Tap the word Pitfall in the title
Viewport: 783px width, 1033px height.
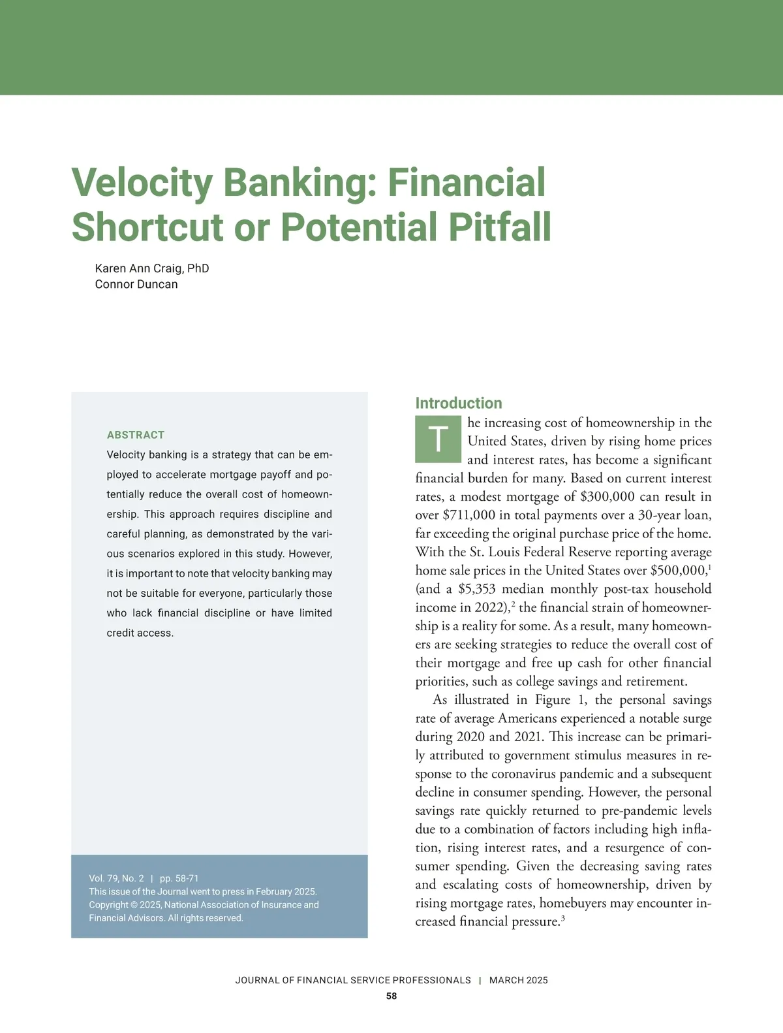click(x=499, y=227)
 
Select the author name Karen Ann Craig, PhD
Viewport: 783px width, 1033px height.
click(x=152, y=268)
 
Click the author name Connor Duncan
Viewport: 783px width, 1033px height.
click(x=136, y=284)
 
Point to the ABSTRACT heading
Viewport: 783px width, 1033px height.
click(x=136, y=435)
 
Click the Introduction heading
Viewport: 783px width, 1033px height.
click(x=459, y=403)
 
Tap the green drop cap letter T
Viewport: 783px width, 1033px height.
click(x=438, y=438)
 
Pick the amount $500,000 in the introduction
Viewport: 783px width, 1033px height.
click(x=678, y=570)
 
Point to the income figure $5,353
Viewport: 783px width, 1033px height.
click(x=477, y=588)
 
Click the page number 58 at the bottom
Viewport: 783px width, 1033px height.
click(x=391, y=996)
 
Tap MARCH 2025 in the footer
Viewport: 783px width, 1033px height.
click(x=519, y=980)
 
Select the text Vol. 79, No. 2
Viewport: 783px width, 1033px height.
click(x=116, y=878)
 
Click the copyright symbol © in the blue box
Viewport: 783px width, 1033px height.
click(x=132, y=905)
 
